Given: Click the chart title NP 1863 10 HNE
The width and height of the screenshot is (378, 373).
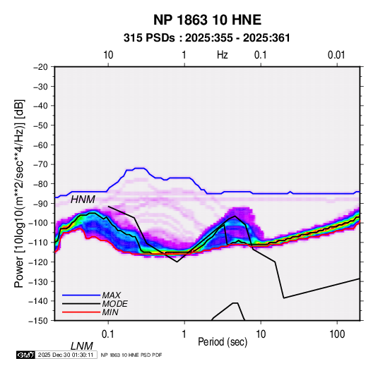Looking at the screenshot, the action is pos(207,20).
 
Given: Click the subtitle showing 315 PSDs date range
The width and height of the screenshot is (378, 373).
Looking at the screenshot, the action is pos(206,38).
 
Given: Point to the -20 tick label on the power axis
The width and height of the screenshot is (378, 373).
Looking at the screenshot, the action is pos(40,67).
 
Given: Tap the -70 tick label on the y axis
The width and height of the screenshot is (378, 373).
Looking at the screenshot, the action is pos(40,164).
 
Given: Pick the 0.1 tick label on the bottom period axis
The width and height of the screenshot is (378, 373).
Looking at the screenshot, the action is pos(107,334).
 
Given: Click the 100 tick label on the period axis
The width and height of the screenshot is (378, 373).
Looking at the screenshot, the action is pos(337,334).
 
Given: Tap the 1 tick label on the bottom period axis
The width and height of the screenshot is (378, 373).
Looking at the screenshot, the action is pos(184,334).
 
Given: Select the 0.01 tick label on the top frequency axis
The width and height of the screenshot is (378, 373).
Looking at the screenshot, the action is pos(336,55).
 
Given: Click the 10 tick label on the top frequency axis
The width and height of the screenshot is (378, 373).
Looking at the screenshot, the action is pos(108,55).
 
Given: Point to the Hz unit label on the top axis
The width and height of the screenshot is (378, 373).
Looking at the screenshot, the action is pos(223,55).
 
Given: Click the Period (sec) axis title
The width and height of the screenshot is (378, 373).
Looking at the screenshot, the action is pos(223,342).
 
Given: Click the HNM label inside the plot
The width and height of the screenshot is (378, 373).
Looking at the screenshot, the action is pos(83,200).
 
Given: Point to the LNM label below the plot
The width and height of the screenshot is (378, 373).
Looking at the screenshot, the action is pos(82,346).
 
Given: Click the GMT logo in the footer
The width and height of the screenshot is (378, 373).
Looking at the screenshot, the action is pos(26,355).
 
